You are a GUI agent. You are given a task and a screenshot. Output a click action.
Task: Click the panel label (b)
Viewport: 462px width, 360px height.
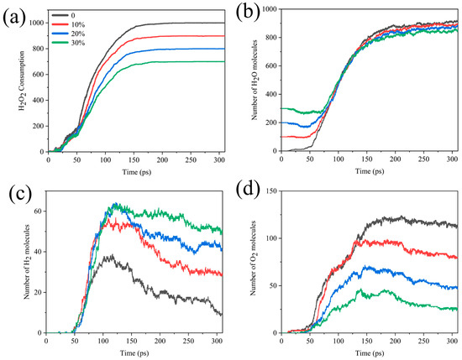pyautogui.click(x=248, y=17)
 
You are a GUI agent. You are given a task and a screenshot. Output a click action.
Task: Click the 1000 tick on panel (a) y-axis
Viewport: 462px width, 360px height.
pyautogui.click(x=34, y=23)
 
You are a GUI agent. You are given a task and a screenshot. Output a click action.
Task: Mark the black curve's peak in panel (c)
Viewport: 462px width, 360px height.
pyautogui.click(x=103, y=257)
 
